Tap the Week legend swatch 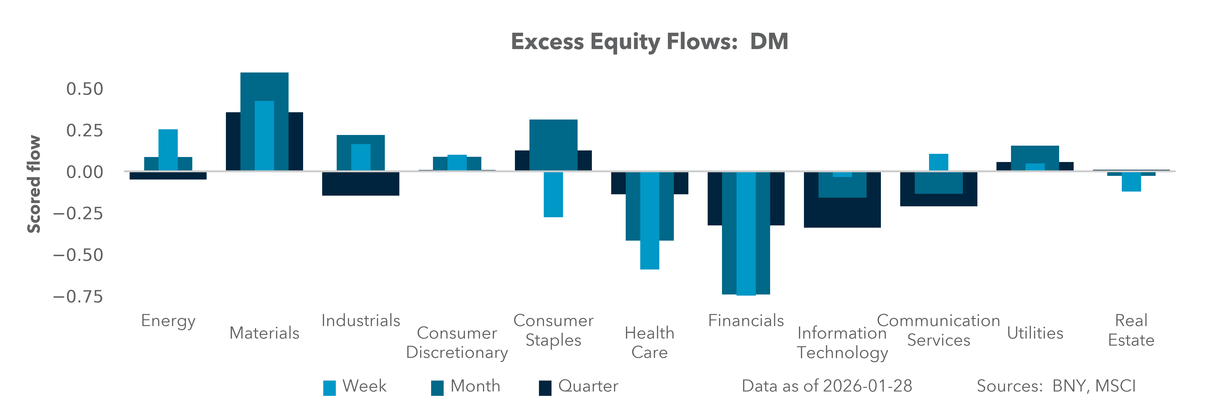tap(329, 388)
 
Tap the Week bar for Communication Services tap(939, 162)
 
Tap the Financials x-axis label tap(746, 320)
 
